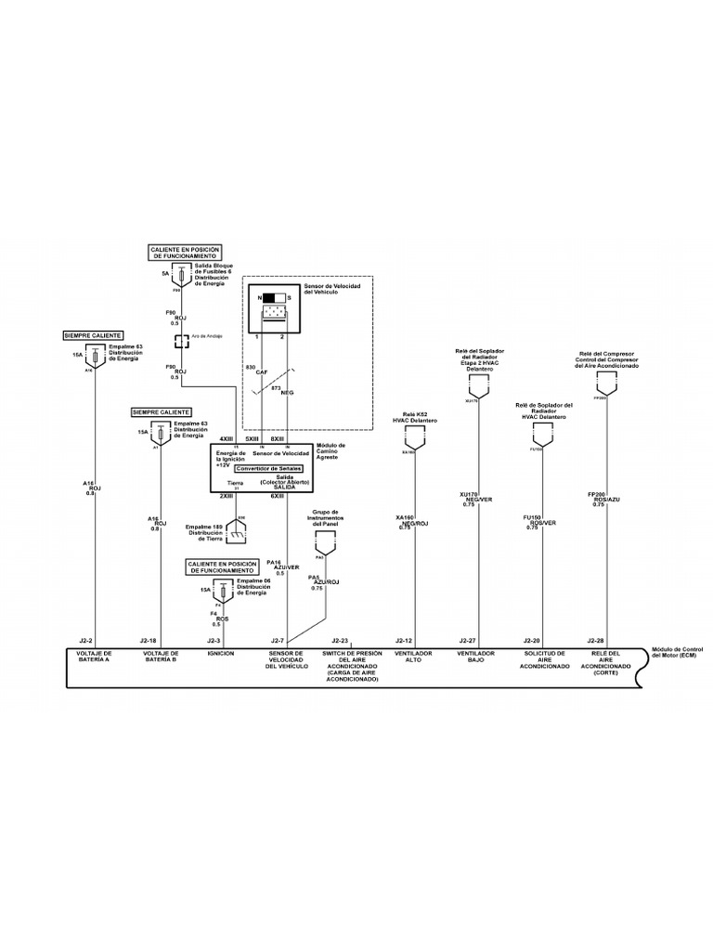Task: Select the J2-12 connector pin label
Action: pyautogui.click(x=403, y=641)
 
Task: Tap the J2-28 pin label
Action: pyautogui.click(x=595, y=641)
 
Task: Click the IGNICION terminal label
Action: pyautogui.click(x=221, y=654)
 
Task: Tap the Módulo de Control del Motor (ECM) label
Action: pyautogui.click(x=680, y=653)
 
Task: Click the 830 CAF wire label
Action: pyautogui.click(x=251, y=371)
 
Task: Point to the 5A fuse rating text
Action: pyautogui.click(x=165, y=274)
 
